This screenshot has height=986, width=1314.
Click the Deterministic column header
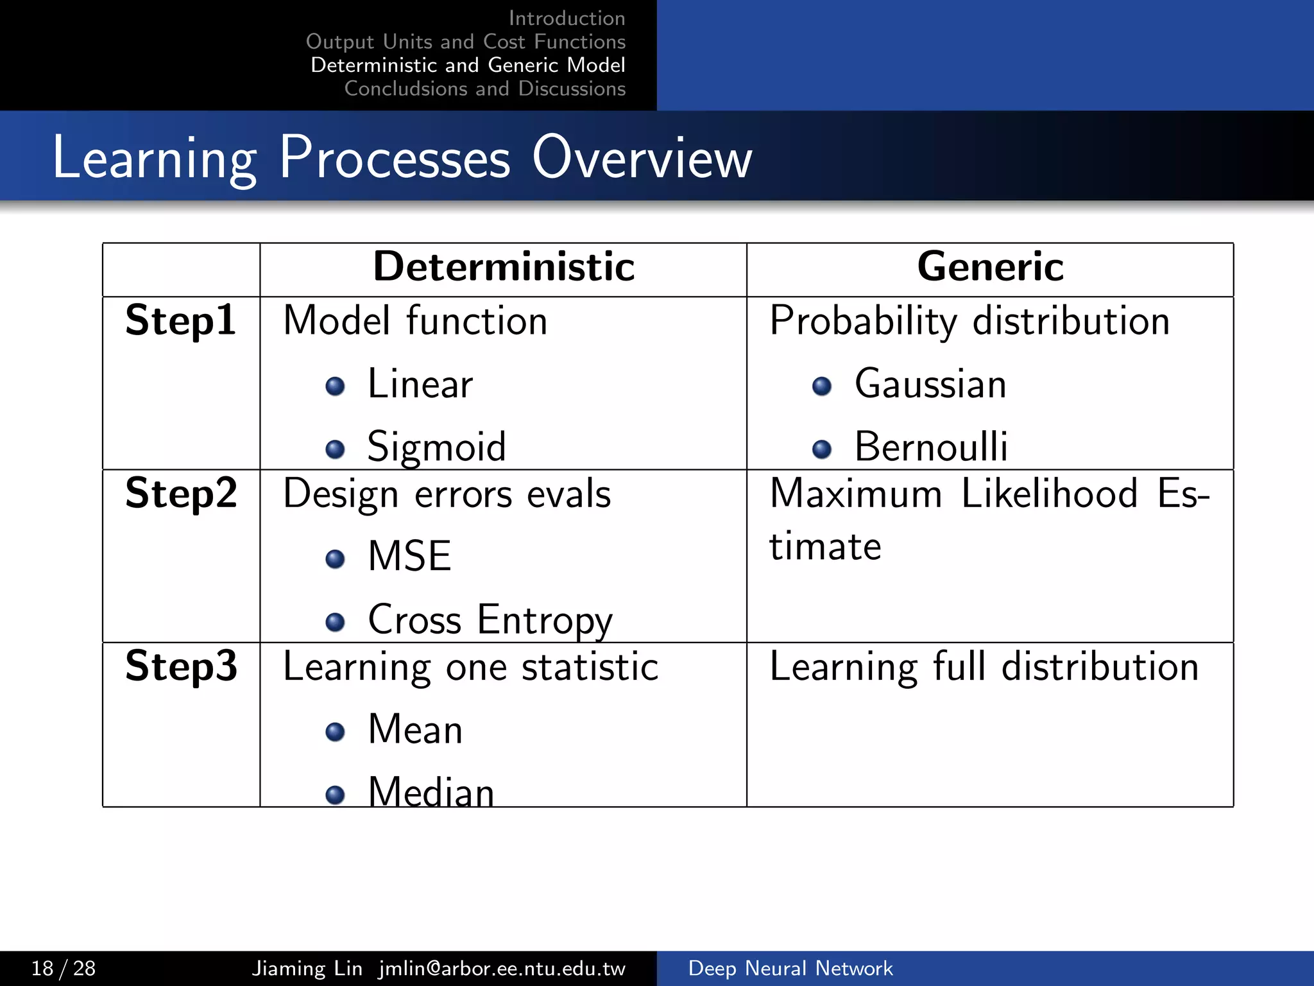[x=504, y=267]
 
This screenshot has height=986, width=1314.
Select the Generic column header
[x=990, y=267]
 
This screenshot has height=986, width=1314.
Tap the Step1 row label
[x=181, y=321]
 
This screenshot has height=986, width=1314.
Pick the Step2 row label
[x=181, y=494]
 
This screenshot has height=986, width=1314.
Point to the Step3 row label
[x=181, y=666]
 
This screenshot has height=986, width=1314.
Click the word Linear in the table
[x=420, y=385]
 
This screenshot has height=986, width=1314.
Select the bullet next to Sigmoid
[x=335, y=449]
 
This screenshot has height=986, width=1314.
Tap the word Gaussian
[x=930, y=385]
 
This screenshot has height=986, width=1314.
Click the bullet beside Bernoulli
[x=821, y=449]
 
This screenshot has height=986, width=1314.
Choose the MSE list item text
[x=409, y=557]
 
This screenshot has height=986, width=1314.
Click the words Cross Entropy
[x=490, y=621]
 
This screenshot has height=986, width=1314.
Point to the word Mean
[x=415, y=730]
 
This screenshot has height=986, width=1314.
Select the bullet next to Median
[x=335, y=795]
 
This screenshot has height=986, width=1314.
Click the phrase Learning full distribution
[x=984, y=667]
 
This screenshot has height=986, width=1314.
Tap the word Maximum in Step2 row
[x=856, y=494]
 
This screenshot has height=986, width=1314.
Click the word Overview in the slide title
[x=642, y=158]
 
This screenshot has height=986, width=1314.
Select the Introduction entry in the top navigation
[x=567, y=18]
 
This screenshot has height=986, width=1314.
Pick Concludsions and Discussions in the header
[x=484, y=89]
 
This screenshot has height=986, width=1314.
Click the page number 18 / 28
[x=64, y=968]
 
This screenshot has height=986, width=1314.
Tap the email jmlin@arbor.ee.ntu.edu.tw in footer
[x=502, y=968]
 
